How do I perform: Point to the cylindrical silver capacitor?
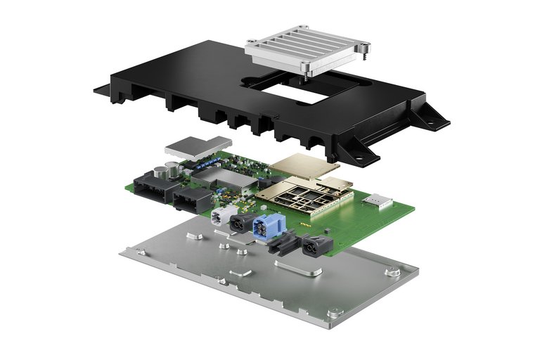(171, 169)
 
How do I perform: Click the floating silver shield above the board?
(198, 146)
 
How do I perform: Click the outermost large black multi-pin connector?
(153, 184)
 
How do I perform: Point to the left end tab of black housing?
(102, 90)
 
